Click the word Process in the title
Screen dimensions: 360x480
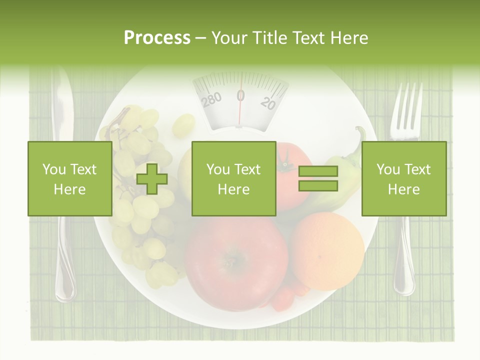point(157,37)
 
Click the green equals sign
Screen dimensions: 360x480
point(318,178)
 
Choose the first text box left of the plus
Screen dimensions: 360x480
point(69,178)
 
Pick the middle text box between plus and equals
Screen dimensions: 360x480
point(233,178)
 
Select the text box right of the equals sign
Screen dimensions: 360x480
point(403,178)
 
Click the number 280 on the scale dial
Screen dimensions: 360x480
point(211,99)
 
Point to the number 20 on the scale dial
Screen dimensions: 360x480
point(268,103)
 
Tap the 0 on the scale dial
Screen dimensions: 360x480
point(240,95)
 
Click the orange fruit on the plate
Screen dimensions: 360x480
point(328,250)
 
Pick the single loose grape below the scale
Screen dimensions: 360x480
point(183,125)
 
